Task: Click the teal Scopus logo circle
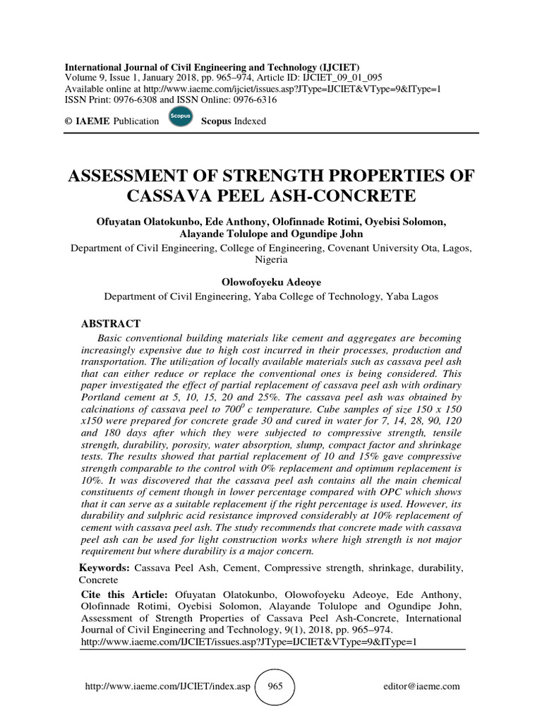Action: click(181, 118)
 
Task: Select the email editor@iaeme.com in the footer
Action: click(421, 686)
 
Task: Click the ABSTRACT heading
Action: click(111, 323)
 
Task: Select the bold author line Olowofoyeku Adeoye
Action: click(271, 282)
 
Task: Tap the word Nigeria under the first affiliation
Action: click(271, 259)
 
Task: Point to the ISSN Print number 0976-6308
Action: click(133, 100)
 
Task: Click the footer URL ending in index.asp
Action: click(167, 686)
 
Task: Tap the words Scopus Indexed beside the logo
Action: click(234, 121)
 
